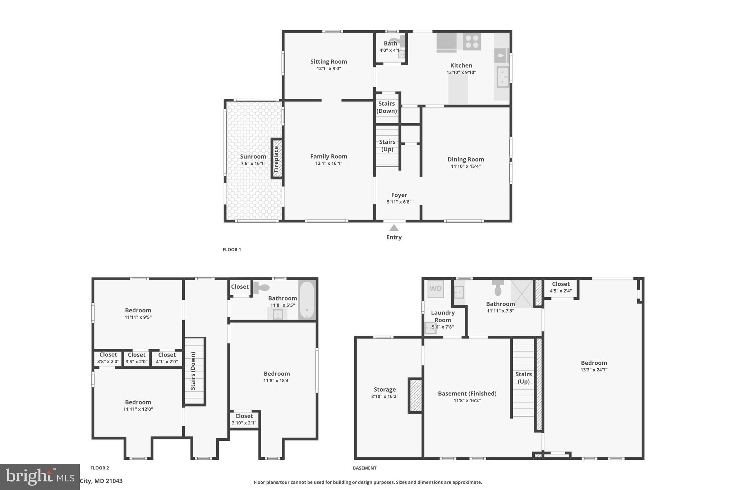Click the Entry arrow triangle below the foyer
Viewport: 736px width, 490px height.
pos(394,228)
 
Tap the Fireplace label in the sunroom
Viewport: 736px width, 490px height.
pos(276,159)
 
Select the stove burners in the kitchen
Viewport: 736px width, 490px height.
pos(472,41)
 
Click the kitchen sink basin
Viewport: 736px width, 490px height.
pos(502,77)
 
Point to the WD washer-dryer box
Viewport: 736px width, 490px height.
pos(436,289)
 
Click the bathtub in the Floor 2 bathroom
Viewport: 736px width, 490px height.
pos(307,300)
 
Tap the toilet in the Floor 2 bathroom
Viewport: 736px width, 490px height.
pos(262,287)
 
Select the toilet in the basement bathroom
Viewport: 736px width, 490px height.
pos(498,287)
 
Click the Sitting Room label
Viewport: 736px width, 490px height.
pos(328,61)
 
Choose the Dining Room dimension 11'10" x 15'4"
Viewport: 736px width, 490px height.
pos(466,166)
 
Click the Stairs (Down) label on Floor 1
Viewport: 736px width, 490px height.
pos(387,107)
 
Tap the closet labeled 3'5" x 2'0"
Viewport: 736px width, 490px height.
pos(137,358)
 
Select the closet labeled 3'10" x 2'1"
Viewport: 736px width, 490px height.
pos(244,419)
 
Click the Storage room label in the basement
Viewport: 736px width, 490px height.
pos(385,389)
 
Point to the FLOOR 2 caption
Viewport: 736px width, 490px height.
pos(100,468)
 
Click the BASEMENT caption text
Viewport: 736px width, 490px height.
pos(364,468)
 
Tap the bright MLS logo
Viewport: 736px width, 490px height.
pos(40,476)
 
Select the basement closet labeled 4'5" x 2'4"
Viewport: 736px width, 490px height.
pos(561,288)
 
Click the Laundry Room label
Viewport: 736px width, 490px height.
pos(443,316)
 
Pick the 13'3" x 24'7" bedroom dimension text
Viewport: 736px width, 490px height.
pos(594,370)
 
